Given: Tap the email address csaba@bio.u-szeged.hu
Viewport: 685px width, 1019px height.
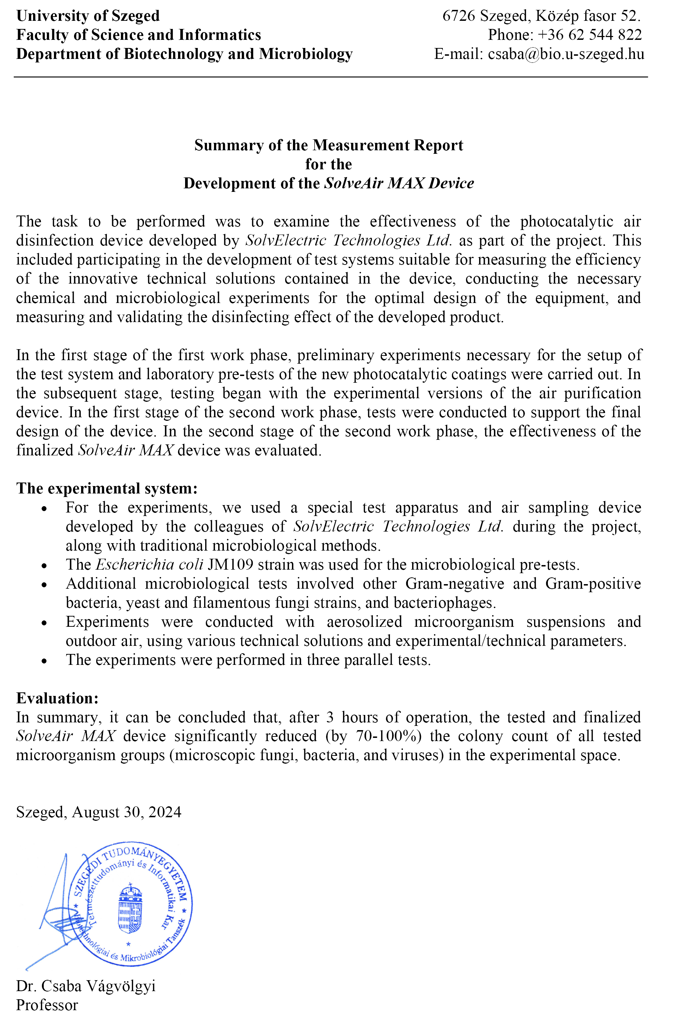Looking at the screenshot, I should [x=566, y=54].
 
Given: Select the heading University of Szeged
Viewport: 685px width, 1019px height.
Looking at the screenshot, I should [x=88, y=16].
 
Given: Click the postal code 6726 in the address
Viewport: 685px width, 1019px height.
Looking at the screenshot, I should [x=458, y=16].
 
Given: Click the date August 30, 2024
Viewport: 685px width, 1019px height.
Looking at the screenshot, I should [x=126, y=812].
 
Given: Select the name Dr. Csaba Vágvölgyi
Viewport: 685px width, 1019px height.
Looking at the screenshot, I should [x=86, y=986].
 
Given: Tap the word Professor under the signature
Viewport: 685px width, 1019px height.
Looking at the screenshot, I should [x=47, y=1005].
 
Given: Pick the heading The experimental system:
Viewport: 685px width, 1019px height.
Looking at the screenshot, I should [x=107, y=488].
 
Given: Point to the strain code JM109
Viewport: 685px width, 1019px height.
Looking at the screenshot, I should [x=230, y=565].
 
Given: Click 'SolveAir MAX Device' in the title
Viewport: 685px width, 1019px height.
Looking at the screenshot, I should [x=398, y=183].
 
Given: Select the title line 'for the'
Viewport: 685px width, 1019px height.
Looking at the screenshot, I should [x=329, y=164].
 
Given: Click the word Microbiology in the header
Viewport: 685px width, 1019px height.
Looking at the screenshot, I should [x=305, y=54].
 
